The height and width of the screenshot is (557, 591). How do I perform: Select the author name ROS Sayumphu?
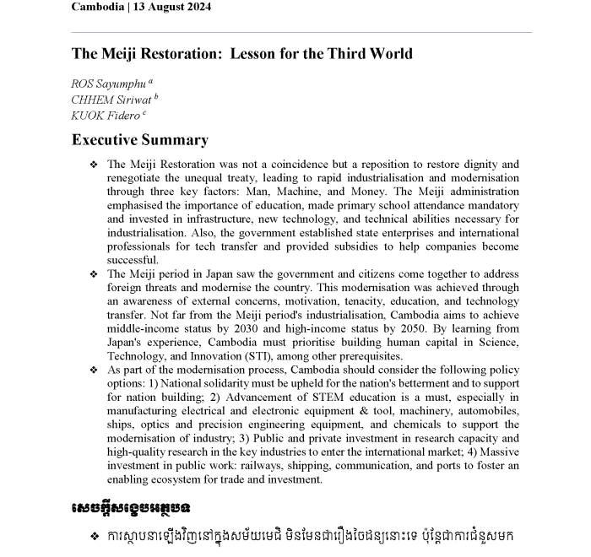(x=109, y=84)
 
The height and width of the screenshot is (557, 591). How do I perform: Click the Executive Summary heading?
(x=139, y=140)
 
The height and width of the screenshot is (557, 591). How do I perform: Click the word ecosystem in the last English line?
(x=175, y=479)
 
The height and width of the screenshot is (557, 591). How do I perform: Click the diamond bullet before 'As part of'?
(x=94, y=370)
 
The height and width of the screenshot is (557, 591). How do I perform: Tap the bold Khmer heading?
(x=131, y=509)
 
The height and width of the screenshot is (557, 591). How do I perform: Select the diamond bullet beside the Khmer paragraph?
(x=94, y=537)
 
